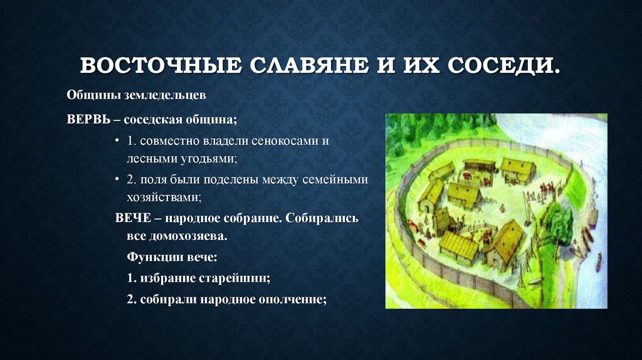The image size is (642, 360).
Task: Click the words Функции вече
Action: pyautogui.click(x=172, y=257)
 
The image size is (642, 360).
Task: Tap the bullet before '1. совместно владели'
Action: pyautogui.click(x=117, y=140)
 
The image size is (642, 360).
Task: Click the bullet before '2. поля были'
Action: pyautogui.click(x=117, y=179)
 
